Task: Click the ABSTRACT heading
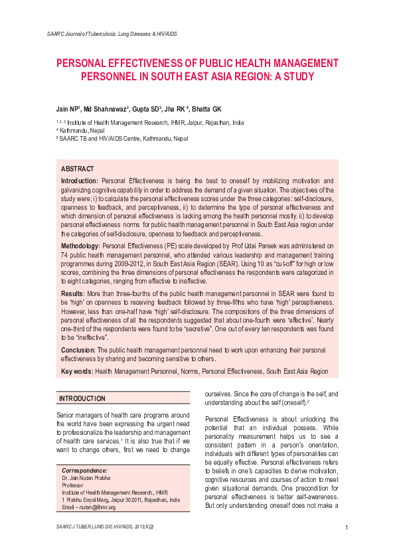point(78,169)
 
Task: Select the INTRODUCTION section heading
point(82,398)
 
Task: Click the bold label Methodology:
point(80,246)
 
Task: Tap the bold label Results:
point(72,292)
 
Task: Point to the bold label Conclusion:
point(78,349)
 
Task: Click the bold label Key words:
point(77,371)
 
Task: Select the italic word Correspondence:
point(84,471)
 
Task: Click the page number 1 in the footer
point(347,528)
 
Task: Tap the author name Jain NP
point(67,108)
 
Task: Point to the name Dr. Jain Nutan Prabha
point(87,478)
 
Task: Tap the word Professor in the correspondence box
point(74,485)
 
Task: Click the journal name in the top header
point(112,33)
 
